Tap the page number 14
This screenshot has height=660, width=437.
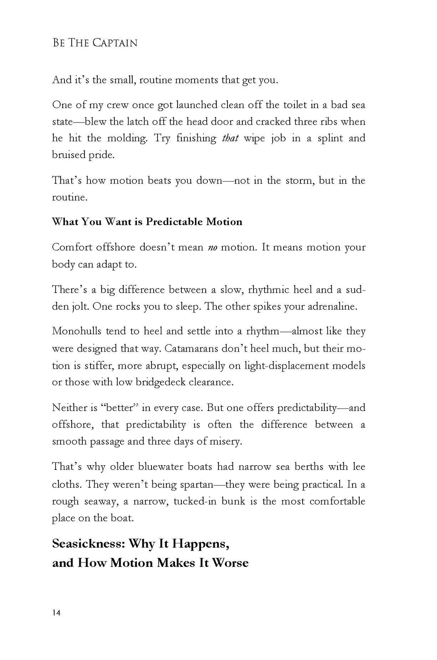[x=56, y=613]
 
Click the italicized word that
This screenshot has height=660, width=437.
[x=230, y=138]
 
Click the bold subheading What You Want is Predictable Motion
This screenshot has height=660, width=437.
[x=147, y=222]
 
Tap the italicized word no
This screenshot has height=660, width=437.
[x=212, y=247]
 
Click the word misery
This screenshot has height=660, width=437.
[x=225, y=441]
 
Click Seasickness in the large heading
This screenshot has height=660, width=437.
[x=88, y=544]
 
